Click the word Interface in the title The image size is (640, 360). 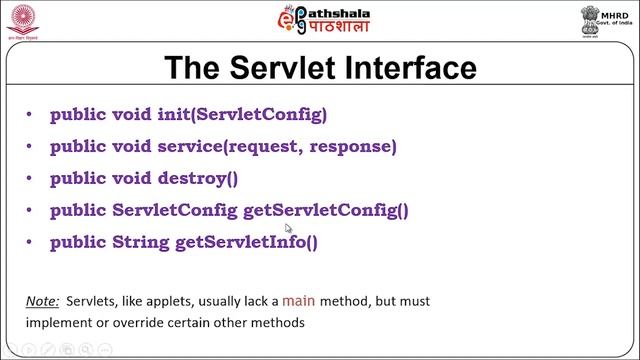[x=407, y=68]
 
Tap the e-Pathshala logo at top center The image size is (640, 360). [x=319, y=20]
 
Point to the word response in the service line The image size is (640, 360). [x=352, y=147]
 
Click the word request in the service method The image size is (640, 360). [x=263, y=147]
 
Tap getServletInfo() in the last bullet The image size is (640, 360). [x=246, y=242]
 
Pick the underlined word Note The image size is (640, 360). [x=42, y=301]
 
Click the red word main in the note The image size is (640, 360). [x=298, y=300]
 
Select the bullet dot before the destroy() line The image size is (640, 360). [x=31, y=179]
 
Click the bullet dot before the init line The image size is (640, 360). [x=31, y=115]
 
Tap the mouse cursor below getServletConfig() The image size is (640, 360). [x=288, y=229]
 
